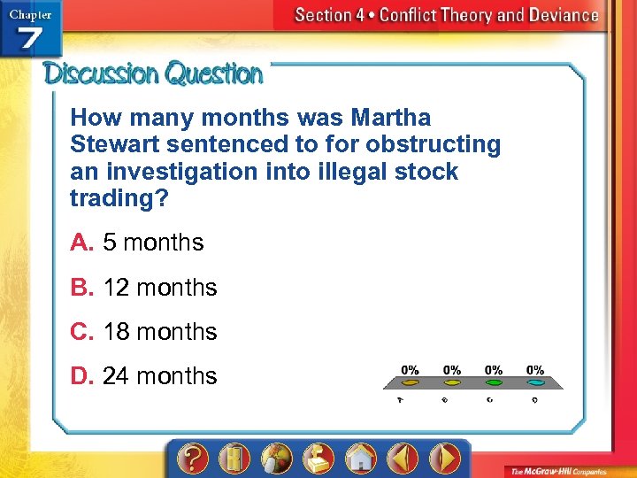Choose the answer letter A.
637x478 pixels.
click(81, 243)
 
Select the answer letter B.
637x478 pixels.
click(81, 287)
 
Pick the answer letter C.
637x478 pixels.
click(82, 331)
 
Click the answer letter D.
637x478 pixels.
click(82, 375)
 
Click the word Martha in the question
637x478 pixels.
click(391, 117)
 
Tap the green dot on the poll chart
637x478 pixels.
click(494, 383)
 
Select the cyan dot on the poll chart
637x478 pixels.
click(535, 383)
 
